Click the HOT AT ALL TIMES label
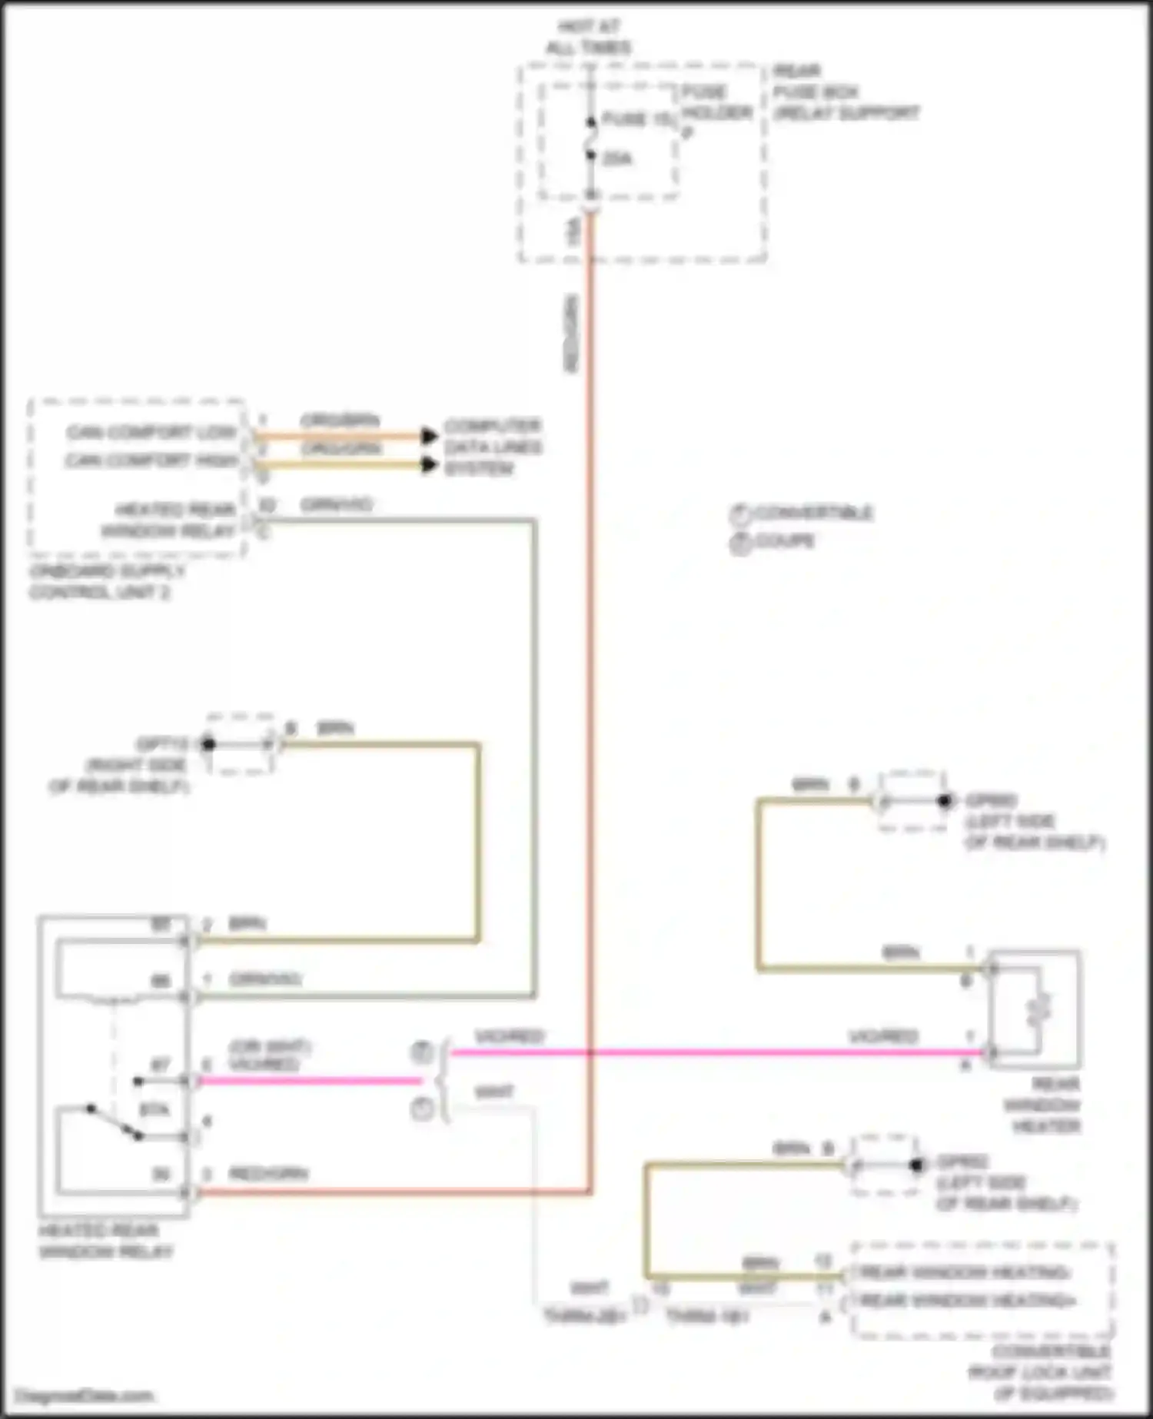[x=588, y=37]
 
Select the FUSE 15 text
[x=636, y=119]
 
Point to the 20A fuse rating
[x=616, y=159]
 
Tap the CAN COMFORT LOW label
[x=151, y=432]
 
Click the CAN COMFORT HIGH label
[x=151, y=460]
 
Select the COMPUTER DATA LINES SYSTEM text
[x=492, y=447]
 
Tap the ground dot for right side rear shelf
[x=208, y=743]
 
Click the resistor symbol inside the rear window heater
[x=1039, y=1008]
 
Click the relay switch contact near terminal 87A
[x=115, y=1122]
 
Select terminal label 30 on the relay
[x=160, y=1175]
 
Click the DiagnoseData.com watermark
[x=85, y=1395]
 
